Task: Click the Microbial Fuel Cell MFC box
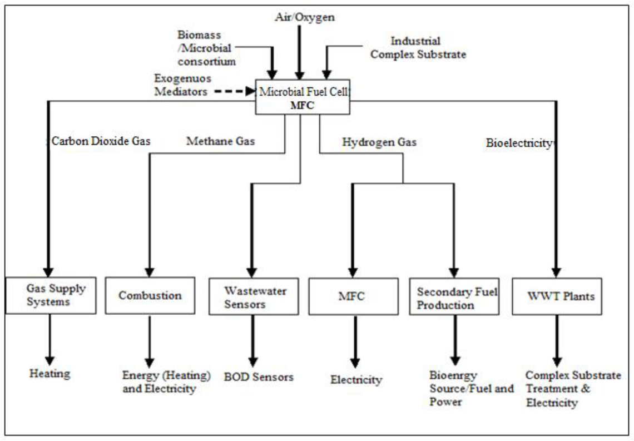point(303,97)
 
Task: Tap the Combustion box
point(150,295)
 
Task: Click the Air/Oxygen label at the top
point(305,17)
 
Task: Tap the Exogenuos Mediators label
point(183,85)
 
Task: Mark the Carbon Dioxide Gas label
point(101,141)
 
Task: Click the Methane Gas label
point(220,141)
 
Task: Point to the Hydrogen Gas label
point(379,142)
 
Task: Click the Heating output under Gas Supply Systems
point(49,373)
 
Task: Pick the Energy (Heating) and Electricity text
point(166,381)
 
